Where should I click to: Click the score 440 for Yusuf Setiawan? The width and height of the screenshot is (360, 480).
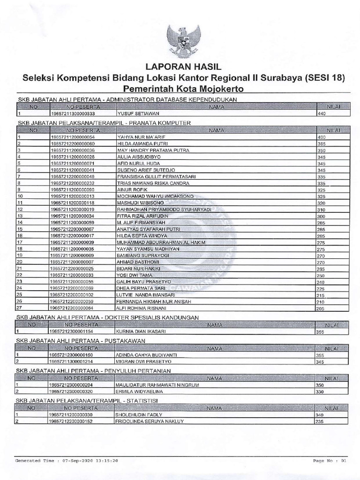[322, 113]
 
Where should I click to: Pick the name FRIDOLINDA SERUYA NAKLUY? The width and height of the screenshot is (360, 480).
[149, 421]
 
